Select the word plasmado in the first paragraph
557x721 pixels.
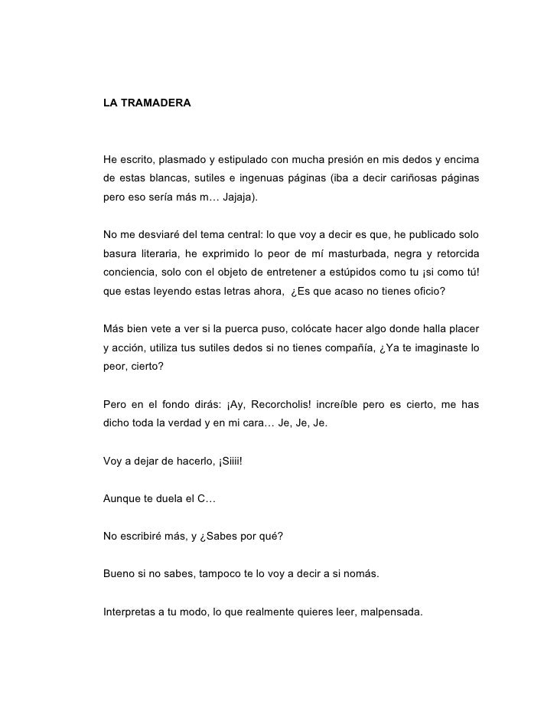tap(183, 159)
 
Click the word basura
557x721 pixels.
tap(121, 253)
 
